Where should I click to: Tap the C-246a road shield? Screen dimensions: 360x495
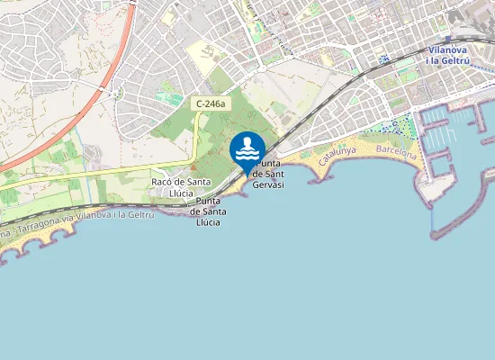pos(210,104)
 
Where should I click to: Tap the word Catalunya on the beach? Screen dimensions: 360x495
pos(338,157)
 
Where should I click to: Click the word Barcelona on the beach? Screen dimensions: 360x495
pos(397,150)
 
